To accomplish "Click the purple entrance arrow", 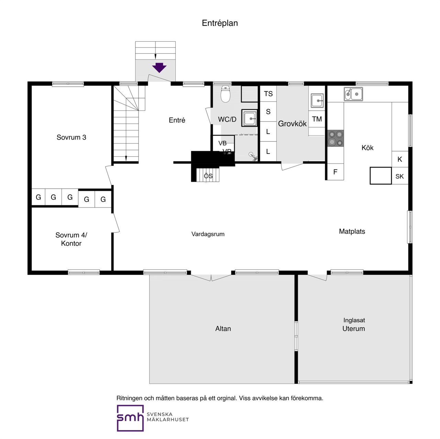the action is pos(159,68).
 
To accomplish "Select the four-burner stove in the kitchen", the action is pos(335,138).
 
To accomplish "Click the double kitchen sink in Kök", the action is pos(353,94).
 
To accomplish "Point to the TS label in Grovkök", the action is pos(268,94).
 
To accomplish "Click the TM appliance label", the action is pos(317,119).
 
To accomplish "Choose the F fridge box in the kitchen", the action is pos(335,172).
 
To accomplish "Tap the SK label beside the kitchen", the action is pos(399,176).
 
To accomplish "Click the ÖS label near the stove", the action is pos(208,176).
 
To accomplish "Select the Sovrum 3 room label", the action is pos(71,137).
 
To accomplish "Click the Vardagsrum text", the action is pos(208,234).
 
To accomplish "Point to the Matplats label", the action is pos(352,231).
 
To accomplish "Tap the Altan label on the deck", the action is pos(223,328).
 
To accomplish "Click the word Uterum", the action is pos(353,328).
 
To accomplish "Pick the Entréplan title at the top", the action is pos(220,23).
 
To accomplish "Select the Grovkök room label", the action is pos(292,124).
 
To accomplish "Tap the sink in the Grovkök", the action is pos(317,101).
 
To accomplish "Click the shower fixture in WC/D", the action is pos(253,156).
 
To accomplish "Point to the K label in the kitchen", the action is pos(399,159).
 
